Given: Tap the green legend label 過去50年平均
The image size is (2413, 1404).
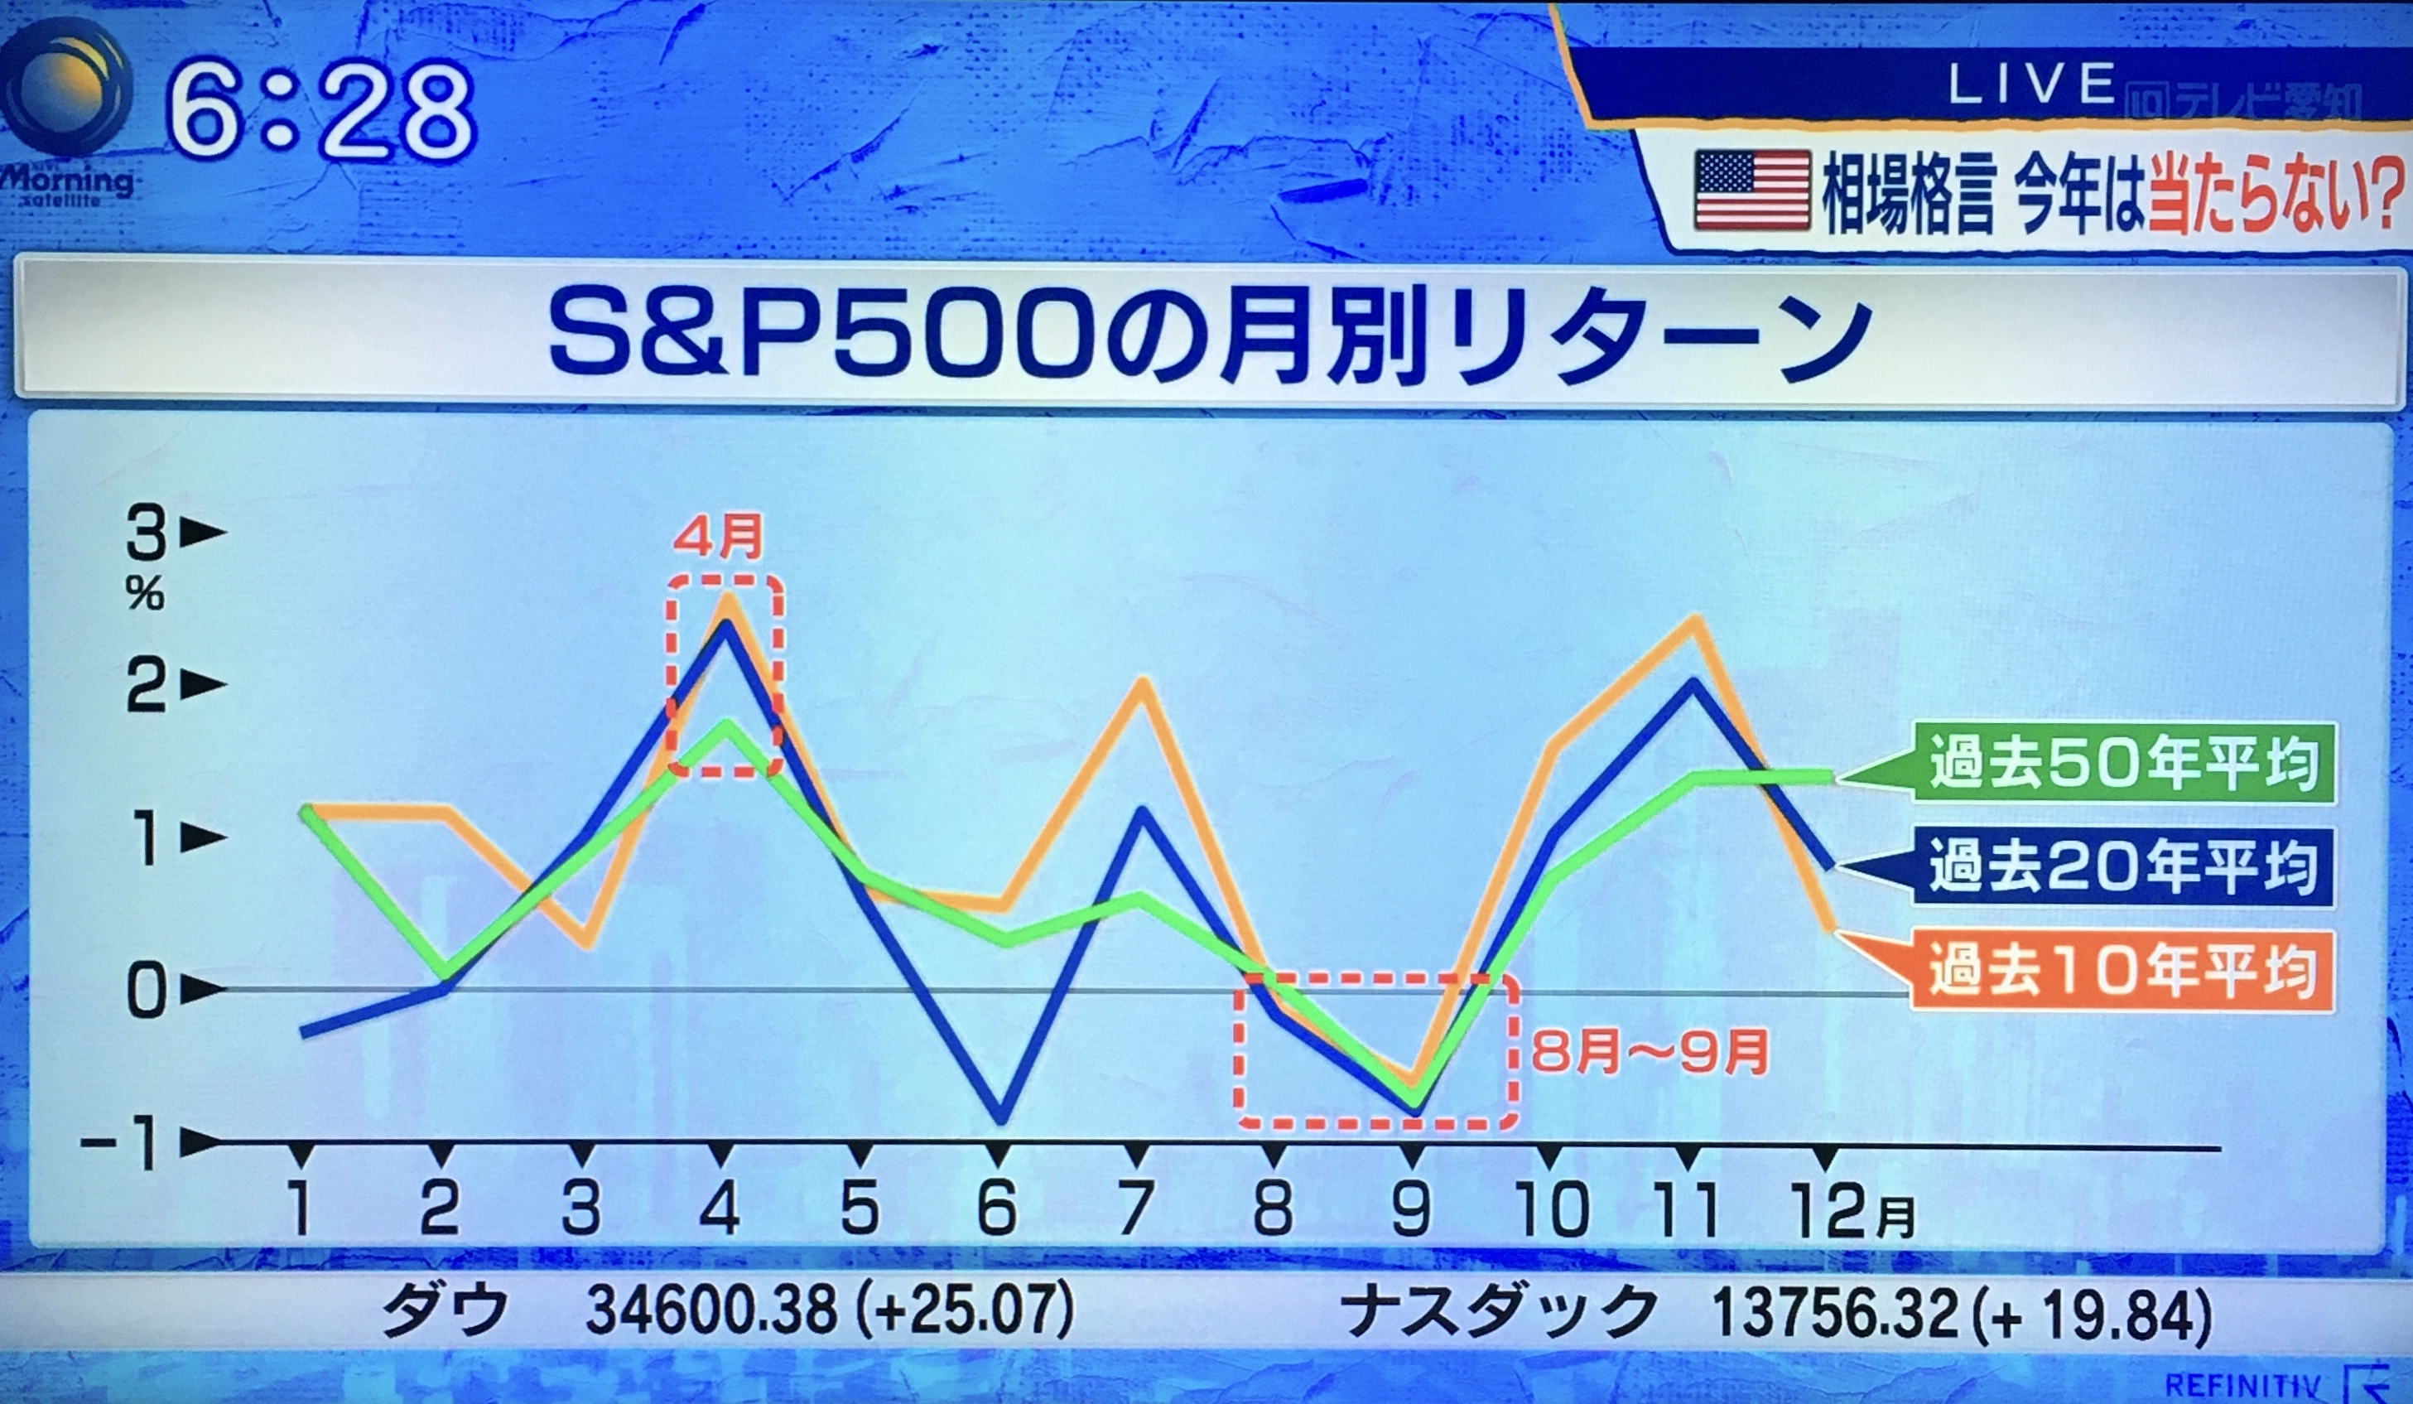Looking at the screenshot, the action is coord(2124,762).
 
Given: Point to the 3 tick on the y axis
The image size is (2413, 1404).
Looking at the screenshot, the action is coord(147,534).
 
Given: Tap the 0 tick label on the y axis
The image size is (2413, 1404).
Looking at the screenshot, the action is coord(147,991).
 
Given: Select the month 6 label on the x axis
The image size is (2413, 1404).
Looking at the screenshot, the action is coord(997,1208).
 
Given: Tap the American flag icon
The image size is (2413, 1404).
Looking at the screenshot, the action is coord(1751,190).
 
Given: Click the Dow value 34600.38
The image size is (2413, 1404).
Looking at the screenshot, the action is coord(710,1310).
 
